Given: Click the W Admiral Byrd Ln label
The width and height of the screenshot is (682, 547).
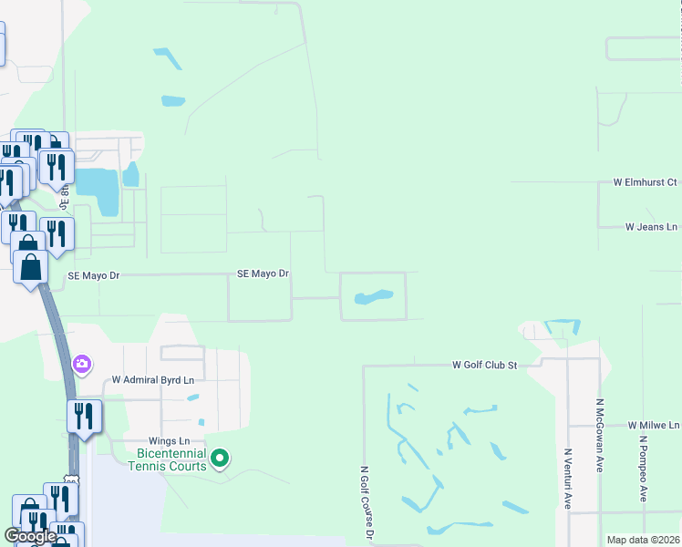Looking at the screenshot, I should point(153,380).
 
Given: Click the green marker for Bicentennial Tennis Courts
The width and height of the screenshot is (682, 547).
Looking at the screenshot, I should point(220,458).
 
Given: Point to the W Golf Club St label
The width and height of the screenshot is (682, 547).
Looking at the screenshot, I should point(484,365).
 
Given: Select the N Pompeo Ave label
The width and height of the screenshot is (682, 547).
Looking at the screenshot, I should point(642,469).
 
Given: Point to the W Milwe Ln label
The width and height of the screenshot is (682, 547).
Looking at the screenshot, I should point(654,426).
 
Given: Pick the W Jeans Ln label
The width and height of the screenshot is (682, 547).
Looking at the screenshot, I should point(651,227).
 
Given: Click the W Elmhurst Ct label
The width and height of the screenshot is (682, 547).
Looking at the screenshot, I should point(645,183).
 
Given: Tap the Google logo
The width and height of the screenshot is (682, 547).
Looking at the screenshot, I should point(31,536).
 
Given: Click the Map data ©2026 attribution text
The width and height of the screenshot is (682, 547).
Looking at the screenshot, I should point(642,540).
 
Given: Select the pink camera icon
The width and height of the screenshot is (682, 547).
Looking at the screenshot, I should point(82,365).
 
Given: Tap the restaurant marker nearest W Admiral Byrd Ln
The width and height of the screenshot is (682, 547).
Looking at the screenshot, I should point(84,418).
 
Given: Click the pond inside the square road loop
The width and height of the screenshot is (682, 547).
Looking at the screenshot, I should point(373,297).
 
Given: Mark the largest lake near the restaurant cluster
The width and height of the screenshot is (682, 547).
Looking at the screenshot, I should point(98,191).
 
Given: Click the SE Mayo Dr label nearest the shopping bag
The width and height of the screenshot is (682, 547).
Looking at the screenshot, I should point(94,274).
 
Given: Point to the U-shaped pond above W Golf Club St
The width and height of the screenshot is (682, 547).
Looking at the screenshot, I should point(562,326).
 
